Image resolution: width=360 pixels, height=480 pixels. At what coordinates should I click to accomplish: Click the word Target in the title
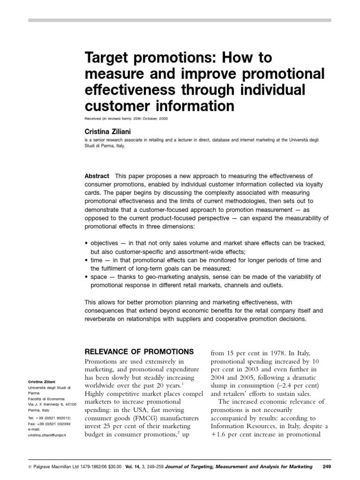(105, 59)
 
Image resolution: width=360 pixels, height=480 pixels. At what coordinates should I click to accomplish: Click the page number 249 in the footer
(327, 466)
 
